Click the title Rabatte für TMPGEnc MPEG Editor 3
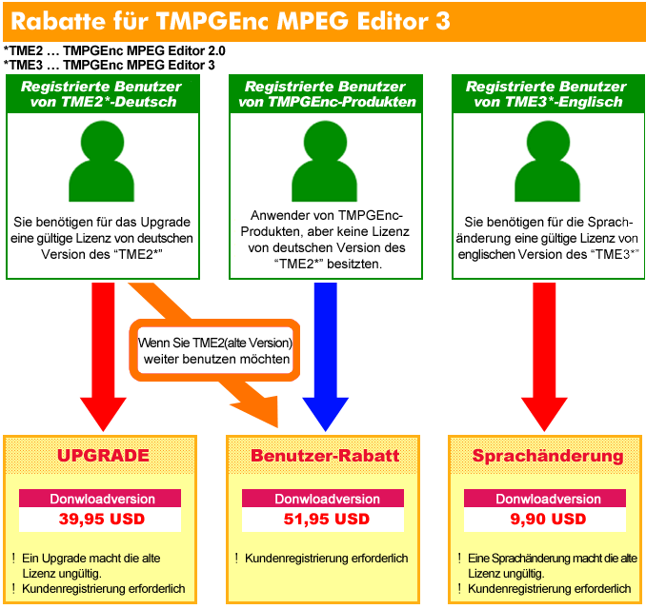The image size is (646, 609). [231, 21]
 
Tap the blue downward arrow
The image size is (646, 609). [326, 356]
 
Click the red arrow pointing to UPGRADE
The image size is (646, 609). [103, 356]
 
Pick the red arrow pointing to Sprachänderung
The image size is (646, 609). [544, 356]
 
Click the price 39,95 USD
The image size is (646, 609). [102, 519]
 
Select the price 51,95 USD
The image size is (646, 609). [326, 519]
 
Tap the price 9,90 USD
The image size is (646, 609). [548, 519]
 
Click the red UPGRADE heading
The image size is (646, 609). [103, 456]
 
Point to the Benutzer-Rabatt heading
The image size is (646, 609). [325, 456]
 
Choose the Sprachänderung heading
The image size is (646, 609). [548, 456]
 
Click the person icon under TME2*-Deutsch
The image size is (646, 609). [102, 162]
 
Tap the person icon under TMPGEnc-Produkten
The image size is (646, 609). [325, 162]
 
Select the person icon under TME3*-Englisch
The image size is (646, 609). [548, 162]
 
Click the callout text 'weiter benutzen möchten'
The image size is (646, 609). [216, 359]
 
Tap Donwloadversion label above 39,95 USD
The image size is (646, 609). [102, 499]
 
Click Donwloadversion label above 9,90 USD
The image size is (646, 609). [549, 499]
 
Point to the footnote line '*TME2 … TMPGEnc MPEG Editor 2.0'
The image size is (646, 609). [114, 50]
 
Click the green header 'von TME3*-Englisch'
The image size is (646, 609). [548, 102]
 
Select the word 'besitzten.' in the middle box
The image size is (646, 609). [354, 264]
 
